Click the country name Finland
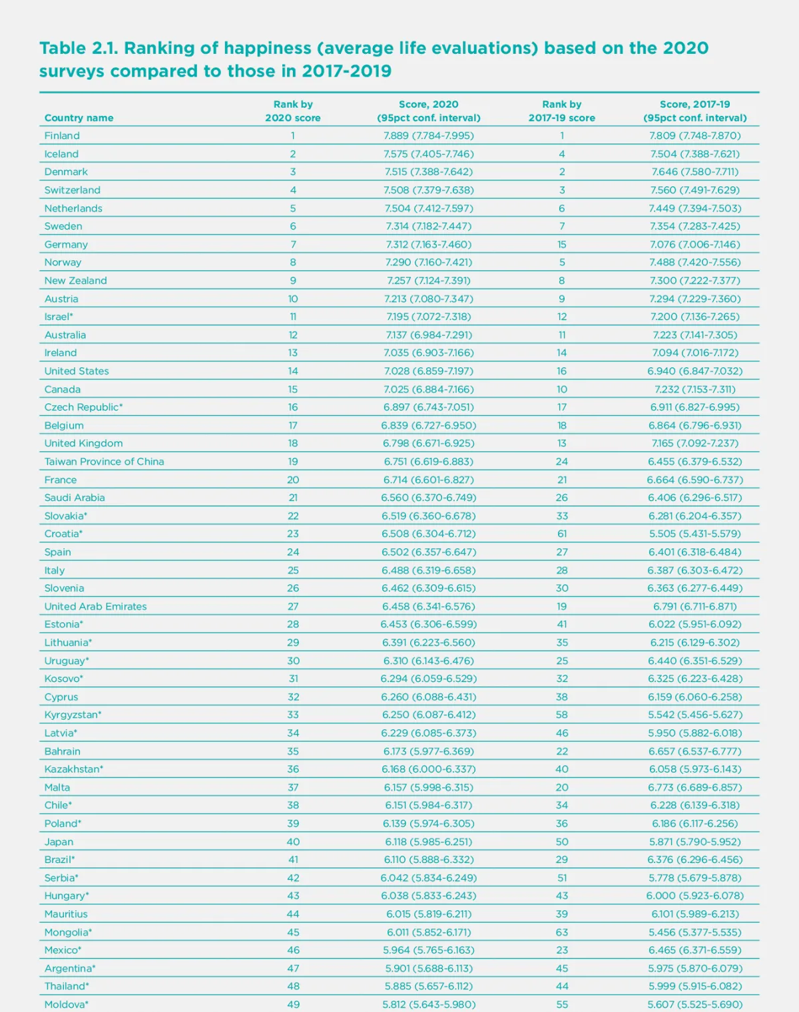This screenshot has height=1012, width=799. coord(62,136)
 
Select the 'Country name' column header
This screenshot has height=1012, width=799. coord(79,118)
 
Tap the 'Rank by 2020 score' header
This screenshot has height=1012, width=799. coord(293,111)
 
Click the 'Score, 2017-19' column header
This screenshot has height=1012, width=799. coord(694,111)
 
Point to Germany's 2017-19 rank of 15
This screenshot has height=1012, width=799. coord(562,244)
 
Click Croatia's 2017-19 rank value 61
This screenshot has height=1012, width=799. coord(562,534)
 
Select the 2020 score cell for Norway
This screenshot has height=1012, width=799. coord(428,262)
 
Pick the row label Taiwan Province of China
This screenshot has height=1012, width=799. coord(104,461)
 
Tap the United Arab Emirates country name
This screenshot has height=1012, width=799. coord(95,606)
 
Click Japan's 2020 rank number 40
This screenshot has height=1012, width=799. coord(293,842)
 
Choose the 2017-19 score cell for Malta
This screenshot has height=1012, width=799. coord(694,787)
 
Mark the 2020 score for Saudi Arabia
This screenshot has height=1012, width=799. coord(428,498)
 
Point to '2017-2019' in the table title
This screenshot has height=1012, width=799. coord(346,71)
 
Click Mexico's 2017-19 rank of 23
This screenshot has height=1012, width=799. coord(562,950)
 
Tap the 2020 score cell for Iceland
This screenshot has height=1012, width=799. coord(428,154)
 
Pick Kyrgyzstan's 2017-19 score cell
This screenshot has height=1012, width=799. coord(694,715)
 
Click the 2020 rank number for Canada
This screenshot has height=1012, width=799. coord(293,389)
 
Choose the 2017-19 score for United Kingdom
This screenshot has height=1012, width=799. coord(694,443)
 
